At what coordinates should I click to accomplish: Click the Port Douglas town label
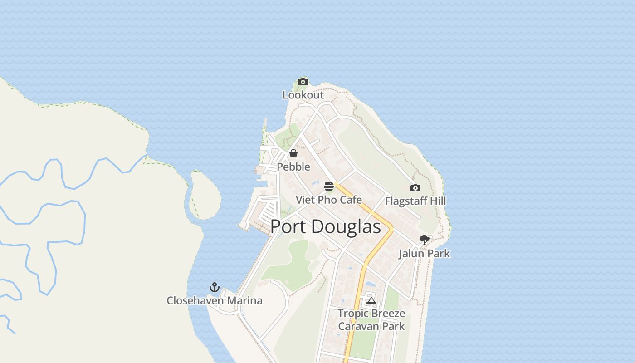click(325, 227)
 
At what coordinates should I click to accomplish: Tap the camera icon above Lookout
click(303, 82)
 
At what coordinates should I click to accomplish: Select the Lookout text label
click(303, 95)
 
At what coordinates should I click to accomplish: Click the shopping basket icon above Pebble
click(293, 153)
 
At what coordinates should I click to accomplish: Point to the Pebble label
click(293, 167)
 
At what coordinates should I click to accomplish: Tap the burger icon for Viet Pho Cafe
click(329, 186)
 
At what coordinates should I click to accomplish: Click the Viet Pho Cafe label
click(329, 200)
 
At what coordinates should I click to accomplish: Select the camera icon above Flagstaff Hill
click(415, 188)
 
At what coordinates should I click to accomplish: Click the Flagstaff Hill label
click(415, 201)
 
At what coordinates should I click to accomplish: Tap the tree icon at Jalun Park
click(425, 240)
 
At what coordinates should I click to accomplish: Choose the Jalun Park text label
click(425, 253)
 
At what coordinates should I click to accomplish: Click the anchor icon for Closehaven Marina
click(214, 287)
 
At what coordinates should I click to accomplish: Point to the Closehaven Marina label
click(215, 300)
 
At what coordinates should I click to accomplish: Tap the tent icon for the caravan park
click(371, 300)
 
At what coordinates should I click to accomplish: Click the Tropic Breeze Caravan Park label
click(371, 319)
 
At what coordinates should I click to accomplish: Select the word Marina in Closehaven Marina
click(244, 300)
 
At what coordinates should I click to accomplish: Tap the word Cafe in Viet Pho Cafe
click(351, 200)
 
